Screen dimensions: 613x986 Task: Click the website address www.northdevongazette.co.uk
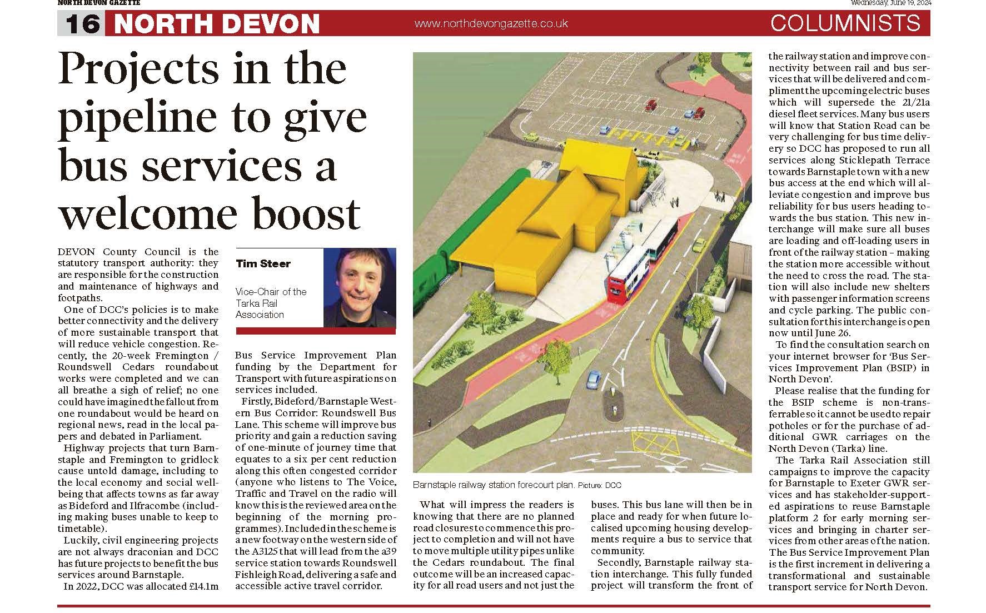pyautogui.click(x=491, y=23)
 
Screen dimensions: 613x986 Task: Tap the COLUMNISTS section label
pyautogui.click(x=845, y=23)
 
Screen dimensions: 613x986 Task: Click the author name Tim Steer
pyautogui.click(x=263, y=263)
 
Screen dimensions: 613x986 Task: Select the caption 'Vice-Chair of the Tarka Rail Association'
pyautogui.click(x=271, y=303)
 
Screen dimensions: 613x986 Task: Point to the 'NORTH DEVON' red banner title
pyautogui.click(x=217, y=24)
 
